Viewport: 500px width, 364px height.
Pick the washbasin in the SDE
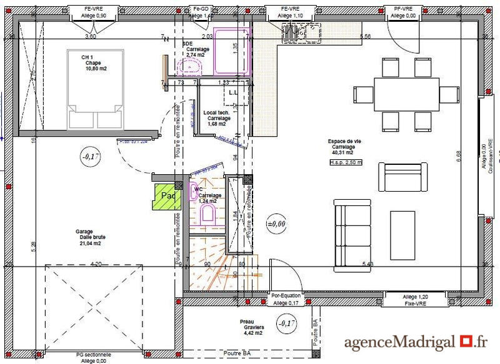[x=194, y=67]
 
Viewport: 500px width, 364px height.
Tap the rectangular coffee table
[x=402, y=234]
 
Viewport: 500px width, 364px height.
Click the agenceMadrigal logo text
[x=416, y=342]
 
